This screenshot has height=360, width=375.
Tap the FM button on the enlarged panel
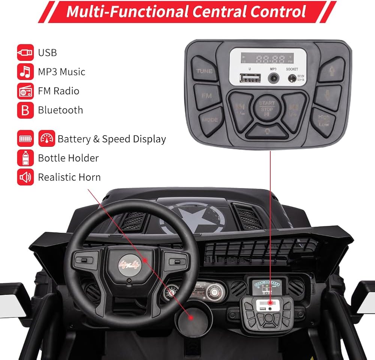207,96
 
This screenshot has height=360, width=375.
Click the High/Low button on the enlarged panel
324,120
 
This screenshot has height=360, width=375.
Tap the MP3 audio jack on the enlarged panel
273,78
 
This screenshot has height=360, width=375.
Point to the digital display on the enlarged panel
268,59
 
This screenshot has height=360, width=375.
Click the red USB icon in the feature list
25,53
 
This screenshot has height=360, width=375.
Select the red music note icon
25,72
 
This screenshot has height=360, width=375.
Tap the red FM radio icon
25,91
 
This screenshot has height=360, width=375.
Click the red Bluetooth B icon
25,110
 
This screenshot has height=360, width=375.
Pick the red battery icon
25,139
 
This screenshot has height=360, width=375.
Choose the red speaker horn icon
25,177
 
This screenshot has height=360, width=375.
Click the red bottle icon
25,158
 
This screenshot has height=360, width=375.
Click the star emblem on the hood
193,218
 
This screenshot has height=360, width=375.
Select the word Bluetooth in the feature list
60,110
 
